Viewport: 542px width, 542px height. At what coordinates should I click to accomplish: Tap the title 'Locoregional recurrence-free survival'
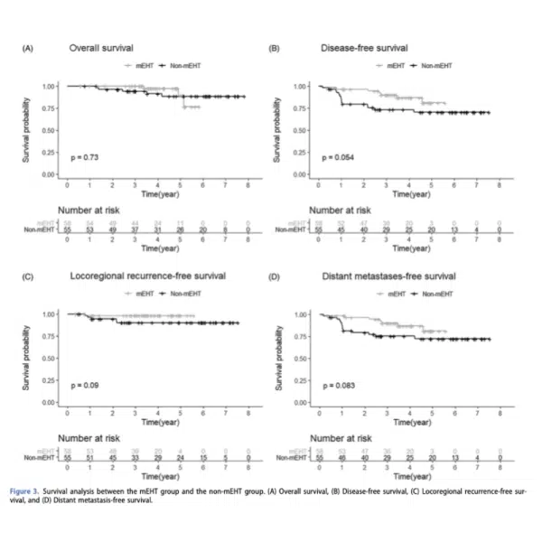point(149,275)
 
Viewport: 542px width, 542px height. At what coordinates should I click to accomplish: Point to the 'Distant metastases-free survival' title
point(378,275)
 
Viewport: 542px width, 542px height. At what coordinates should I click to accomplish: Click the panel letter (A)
point(29,47)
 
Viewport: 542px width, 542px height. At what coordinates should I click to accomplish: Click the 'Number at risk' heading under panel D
point(339,437)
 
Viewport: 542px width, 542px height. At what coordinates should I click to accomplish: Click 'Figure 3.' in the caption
point(38,491)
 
